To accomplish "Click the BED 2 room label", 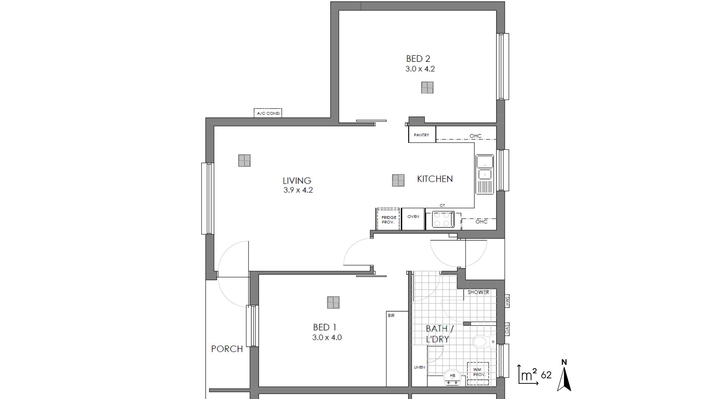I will click(x=418, y=59).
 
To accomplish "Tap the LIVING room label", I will click(x=297, y=181).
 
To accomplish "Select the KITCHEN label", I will click(x=435, y=179).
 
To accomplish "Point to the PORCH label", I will click(x=227, y=349).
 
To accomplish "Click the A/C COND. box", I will click(x=268, y=113).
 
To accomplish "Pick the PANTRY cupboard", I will click(x=422, y=135).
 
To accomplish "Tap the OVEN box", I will click(x=413, y=219).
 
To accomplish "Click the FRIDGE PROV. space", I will click(x=388, y=219).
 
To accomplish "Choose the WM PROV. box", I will click(x=479, y=372).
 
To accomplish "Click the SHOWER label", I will click(x=478, y=292).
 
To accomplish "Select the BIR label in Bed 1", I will click(x=391, y=316).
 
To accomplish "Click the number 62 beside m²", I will click(x=546, y=375).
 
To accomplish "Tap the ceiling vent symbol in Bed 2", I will click(x=427, y=88).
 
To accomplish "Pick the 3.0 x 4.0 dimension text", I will click(x=327, y=337).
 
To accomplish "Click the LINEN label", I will click(x=419, y=367).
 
